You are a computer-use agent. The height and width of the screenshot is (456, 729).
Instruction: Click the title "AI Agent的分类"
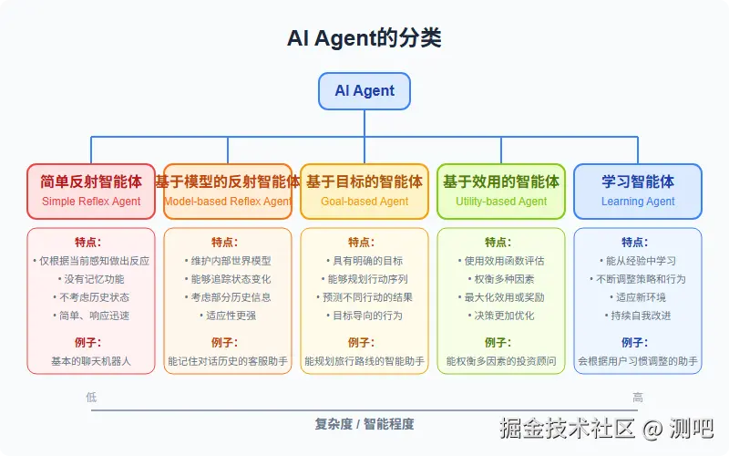pyautogui.click(x=364, y=37)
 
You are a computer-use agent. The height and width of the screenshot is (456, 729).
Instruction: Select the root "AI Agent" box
pyautogui.click(x=364, y=91)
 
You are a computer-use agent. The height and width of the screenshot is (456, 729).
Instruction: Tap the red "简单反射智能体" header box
pyautogui.click(x=91, y=191)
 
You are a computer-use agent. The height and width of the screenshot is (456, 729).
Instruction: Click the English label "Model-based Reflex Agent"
pyautogui.click(x=228, y=202)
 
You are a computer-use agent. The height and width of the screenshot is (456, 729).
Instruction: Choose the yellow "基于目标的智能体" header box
pyautogui.click(x=364, y=191)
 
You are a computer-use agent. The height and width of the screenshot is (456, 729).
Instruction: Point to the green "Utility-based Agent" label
pyautogui.click(x=501, y=202)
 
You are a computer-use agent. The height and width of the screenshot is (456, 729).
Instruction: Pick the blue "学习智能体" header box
pyautogui.click(x=638, y=191)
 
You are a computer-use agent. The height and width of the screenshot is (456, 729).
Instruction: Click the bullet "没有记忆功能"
pyautogui.click(x=91, y=279)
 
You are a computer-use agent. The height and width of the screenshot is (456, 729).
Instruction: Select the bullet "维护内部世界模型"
pyautogui.click(x=228, y=261)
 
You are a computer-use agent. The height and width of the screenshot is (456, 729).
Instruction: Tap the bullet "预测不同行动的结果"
pyautogui.click(x=364, y=297)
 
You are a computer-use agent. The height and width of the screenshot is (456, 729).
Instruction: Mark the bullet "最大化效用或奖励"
pyautogui.click(x=501, y=297)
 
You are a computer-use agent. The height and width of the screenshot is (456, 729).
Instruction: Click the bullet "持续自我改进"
pyautogui.click(x=638, y=316)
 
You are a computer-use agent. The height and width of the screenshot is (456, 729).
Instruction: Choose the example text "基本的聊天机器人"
pyautogui.click(x=91, y=361)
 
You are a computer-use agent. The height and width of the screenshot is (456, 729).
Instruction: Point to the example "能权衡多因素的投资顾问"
pyautogui.click(x=501, y=361)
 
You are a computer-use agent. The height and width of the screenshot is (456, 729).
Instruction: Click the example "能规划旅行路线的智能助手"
pyautogui.click(x=364, y=361)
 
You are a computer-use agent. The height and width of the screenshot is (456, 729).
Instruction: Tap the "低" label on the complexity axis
pyautogui.click(x=91, y=398)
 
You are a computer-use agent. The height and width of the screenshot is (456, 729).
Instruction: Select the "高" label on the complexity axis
pyautogui.click(x=638, y=398)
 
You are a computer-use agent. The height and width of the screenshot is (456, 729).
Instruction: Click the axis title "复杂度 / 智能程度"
pyautogui.click(x=364, y=423)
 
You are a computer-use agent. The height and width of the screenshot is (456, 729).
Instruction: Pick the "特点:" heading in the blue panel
pyautogui.click(x=638, y=243)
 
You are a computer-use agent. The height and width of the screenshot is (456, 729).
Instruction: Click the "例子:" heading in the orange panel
pyautogui.click(x=228, y=343)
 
